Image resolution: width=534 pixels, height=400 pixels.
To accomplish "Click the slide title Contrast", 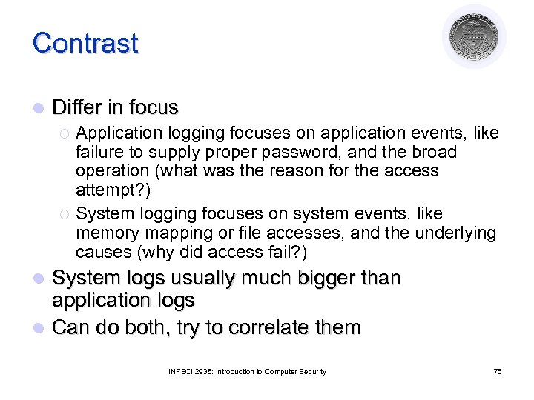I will (85, 42).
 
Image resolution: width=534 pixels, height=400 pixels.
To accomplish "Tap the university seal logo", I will (474, 36).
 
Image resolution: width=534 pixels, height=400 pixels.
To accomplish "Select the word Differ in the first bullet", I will (76, 107).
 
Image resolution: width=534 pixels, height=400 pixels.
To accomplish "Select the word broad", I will (435, 152).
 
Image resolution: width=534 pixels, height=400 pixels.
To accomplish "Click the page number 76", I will (497, 371).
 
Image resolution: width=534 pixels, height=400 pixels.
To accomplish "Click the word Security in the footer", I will (312, 371).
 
